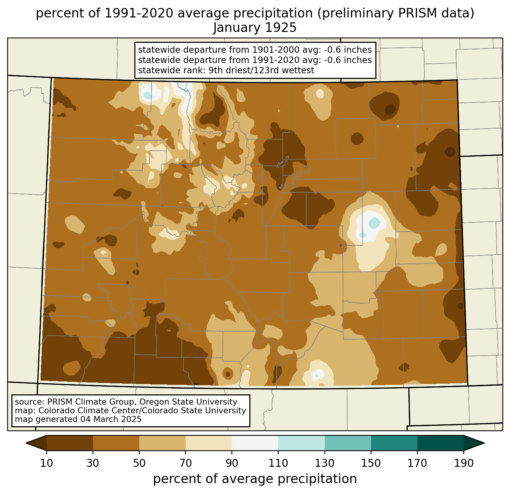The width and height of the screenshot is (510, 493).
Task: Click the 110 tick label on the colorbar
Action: click(278, 463)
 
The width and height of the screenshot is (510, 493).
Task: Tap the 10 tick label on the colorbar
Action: click(47, 463)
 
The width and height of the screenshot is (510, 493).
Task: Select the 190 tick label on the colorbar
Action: click(464, 463)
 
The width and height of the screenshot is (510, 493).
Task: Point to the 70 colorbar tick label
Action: click(186, 463)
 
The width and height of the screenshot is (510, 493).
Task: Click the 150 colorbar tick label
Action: click(371, 463)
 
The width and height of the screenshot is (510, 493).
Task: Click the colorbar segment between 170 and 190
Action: click(441, 443)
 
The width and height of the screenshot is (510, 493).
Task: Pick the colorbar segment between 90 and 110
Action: click(255, 443)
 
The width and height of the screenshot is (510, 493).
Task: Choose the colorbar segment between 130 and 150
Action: click(348, 443)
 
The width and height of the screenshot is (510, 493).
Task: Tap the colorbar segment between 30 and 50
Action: click(116, 443)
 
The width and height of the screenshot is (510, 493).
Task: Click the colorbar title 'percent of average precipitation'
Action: click(255, 479)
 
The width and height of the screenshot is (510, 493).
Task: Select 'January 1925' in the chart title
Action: click(255, 28)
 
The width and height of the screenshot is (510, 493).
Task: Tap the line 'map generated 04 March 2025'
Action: click(78, 419)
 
